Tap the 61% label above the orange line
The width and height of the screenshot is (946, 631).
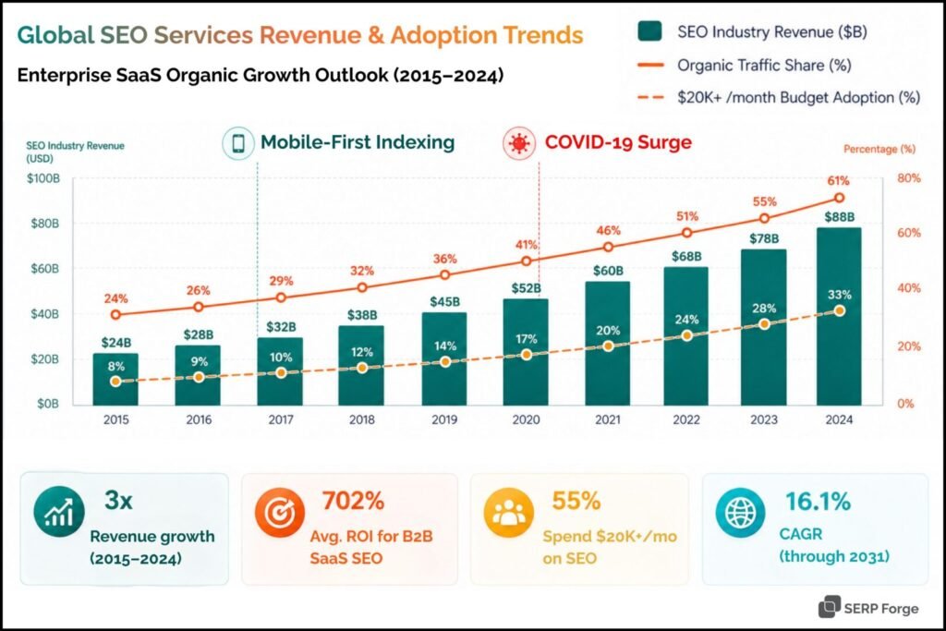click(x=838, y=180)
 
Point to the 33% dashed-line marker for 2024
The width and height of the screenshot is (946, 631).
click(x=839, y=311)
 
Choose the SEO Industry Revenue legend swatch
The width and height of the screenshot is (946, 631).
click(x=649, y=32)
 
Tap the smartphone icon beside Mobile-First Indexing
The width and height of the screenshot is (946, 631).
click(x=237, y=143)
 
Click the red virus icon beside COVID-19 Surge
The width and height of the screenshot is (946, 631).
click(x=517, y=143)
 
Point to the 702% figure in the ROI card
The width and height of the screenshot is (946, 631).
click(x=352, y=502)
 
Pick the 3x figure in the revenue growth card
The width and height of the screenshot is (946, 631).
click(x=120, y=502)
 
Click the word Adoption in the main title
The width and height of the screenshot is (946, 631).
click(x=445, y=35)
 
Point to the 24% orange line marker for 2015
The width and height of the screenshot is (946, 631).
click(x=115, y=315)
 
